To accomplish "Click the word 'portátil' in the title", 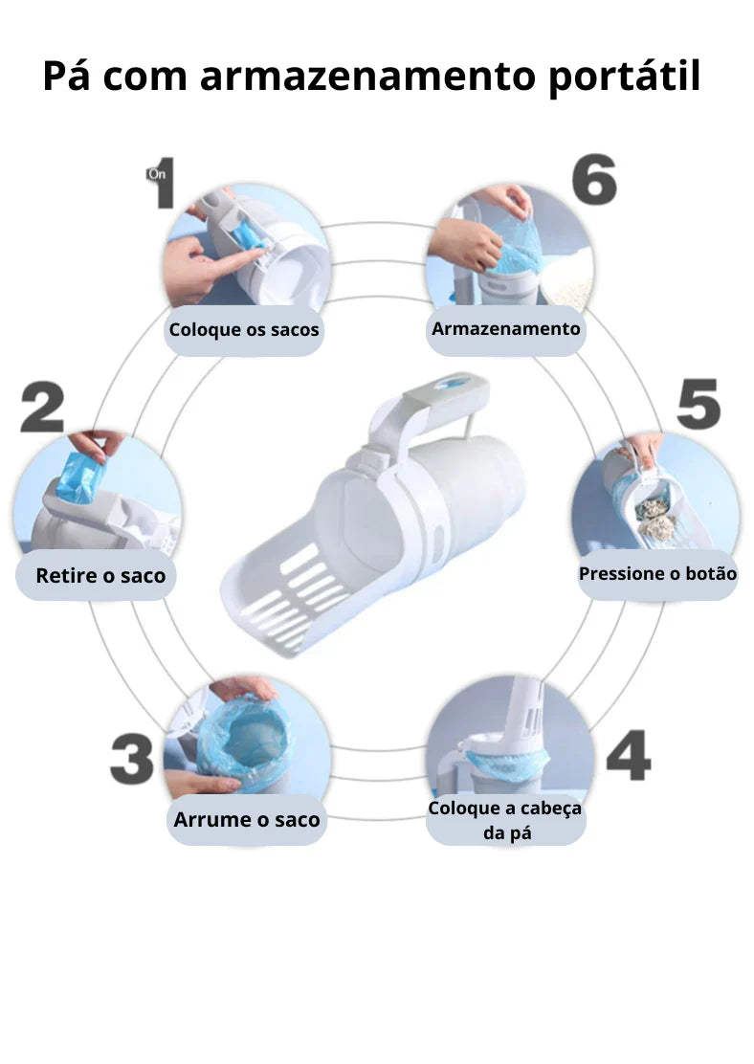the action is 625,77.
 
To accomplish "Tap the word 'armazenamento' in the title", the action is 368,76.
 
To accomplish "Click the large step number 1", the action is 164,183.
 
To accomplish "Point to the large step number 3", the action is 132,759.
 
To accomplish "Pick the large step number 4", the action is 629,755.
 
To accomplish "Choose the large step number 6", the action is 594,179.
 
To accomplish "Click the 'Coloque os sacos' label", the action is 244,330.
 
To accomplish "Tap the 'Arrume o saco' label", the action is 246,820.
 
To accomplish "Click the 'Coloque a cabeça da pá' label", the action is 505,820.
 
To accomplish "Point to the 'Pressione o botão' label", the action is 657,574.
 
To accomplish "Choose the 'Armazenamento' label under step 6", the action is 505,330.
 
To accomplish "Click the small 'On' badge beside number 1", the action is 157,174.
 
